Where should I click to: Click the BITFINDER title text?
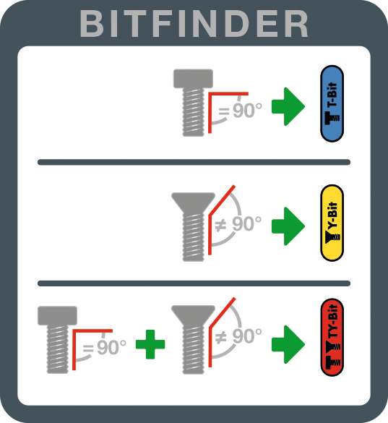(x=194, y=24)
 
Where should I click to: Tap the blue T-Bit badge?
(x=332, y=103)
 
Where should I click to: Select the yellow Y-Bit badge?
(x=332, y=223)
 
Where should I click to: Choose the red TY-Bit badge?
(x=332, y=338)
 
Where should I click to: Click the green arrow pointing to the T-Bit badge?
(x=288, y=106)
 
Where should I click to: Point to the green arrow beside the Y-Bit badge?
(x=288, y=226)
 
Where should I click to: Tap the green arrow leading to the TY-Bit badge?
(x=288, y=344)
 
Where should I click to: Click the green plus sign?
(x=150, y=344)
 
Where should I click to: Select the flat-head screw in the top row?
(x=193, y=103)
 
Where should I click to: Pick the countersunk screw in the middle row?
(x=193, y=226)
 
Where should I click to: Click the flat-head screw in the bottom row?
(x=57, y=340)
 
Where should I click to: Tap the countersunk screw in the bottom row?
(x=193, y=339)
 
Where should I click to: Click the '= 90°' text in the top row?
(x=240, y=110)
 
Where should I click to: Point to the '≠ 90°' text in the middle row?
(x=238, y=224)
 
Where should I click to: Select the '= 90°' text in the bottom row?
(x=104, y=347)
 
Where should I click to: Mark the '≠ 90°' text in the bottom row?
(x=238, y=336)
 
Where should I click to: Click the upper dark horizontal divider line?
(x=194, y=162)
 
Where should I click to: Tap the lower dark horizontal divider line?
(x=194, y=283)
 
